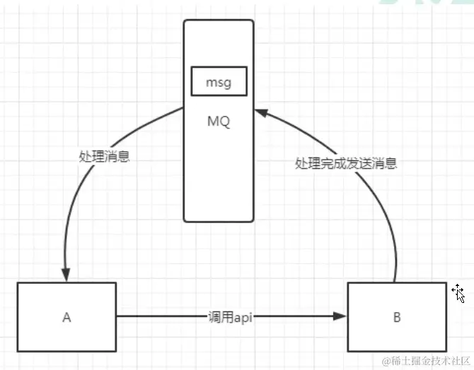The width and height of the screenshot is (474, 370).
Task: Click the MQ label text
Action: coord(218,122)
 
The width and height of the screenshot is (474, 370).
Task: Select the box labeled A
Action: coord(67,316)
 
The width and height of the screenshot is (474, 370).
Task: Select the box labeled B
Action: coord(397,316)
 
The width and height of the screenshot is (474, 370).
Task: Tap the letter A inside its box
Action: coord(67,317)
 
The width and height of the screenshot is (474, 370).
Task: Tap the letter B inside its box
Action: coord(397,317)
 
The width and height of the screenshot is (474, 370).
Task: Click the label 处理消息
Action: coord(104,156)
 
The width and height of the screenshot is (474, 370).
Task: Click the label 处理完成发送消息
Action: coord(345,163)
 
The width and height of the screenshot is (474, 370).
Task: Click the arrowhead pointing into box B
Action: coord(340,317)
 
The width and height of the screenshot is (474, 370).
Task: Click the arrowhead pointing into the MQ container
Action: coord(260,112)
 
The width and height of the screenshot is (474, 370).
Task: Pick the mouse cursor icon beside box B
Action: coord(458,293)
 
